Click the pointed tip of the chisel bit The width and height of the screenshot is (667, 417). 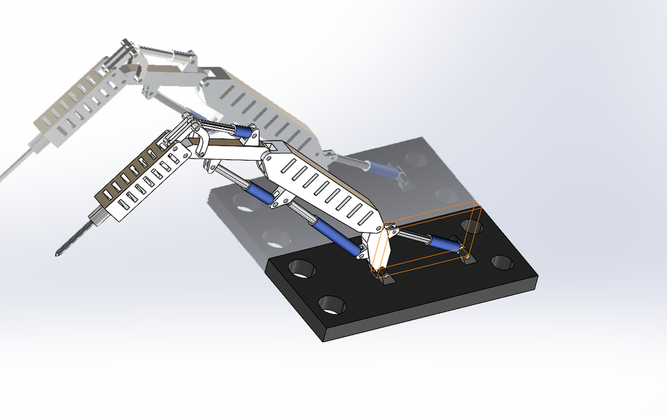click(57, 255)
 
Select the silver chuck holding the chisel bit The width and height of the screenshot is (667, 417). click(97, 220)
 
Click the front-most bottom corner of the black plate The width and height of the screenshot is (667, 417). click(324, 339)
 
